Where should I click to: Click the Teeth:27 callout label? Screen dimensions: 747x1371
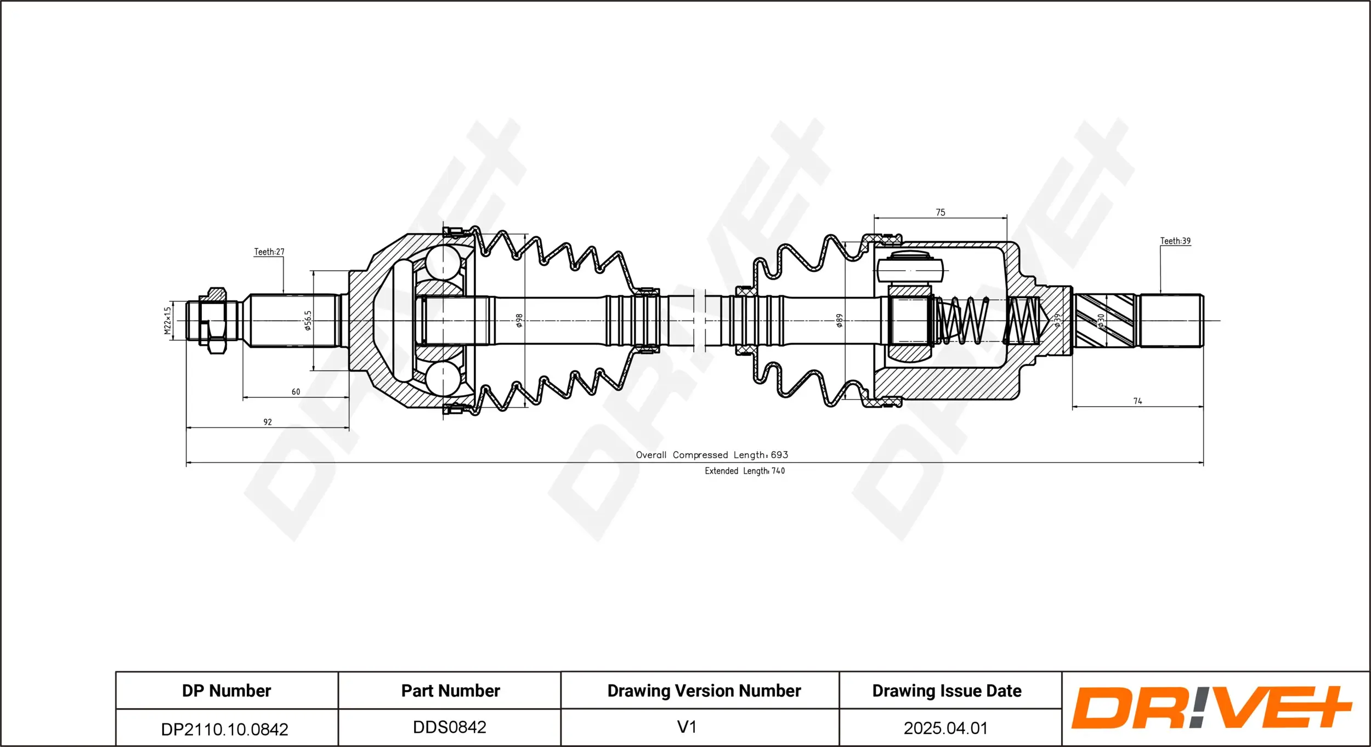pos(269,252)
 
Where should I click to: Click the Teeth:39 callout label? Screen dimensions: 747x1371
pos(1175,241)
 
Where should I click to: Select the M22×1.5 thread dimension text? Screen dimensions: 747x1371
pos(168,320)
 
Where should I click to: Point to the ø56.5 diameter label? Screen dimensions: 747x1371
pos(308,321)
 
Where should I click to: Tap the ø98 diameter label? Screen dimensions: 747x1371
pos(519,321)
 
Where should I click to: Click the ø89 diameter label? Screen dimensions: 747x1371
pos(839,321)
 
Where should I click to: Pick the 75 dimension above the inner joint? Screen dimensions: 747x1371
pos(941,213)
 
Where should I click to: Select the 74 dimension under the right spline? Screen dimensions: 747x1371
pos(1137,401)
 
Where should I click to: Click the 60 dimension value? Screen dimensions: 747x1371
pos(296,392)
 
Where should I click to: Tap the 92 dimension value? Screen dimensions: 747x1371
pos(268,422)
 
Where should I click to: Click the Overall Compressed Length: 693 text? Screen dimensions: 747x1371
pos(712,455)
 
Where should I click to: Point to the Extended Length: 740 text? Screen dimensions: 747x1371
pos(744,471)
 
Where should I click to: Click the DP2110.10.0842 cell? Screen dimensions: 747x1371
pos(224,729)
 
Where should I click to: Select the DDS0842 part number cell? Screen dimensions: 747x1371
pos(449,727)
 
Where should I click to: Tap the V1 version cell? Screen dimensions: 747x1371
pos(687,727)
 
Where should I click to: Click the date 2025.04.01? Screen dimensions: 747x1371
pos(945,728)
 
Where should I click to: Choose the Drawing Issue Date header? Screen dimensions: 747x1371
pos(947,691)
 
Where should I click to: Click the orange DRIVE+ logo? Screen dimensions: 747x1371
pos(1211,708)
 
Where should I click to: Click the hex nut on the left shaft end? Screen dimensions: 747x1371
pos(212,321)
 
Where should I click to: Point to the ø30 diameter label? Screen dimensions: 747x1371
pos(1101,321)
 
